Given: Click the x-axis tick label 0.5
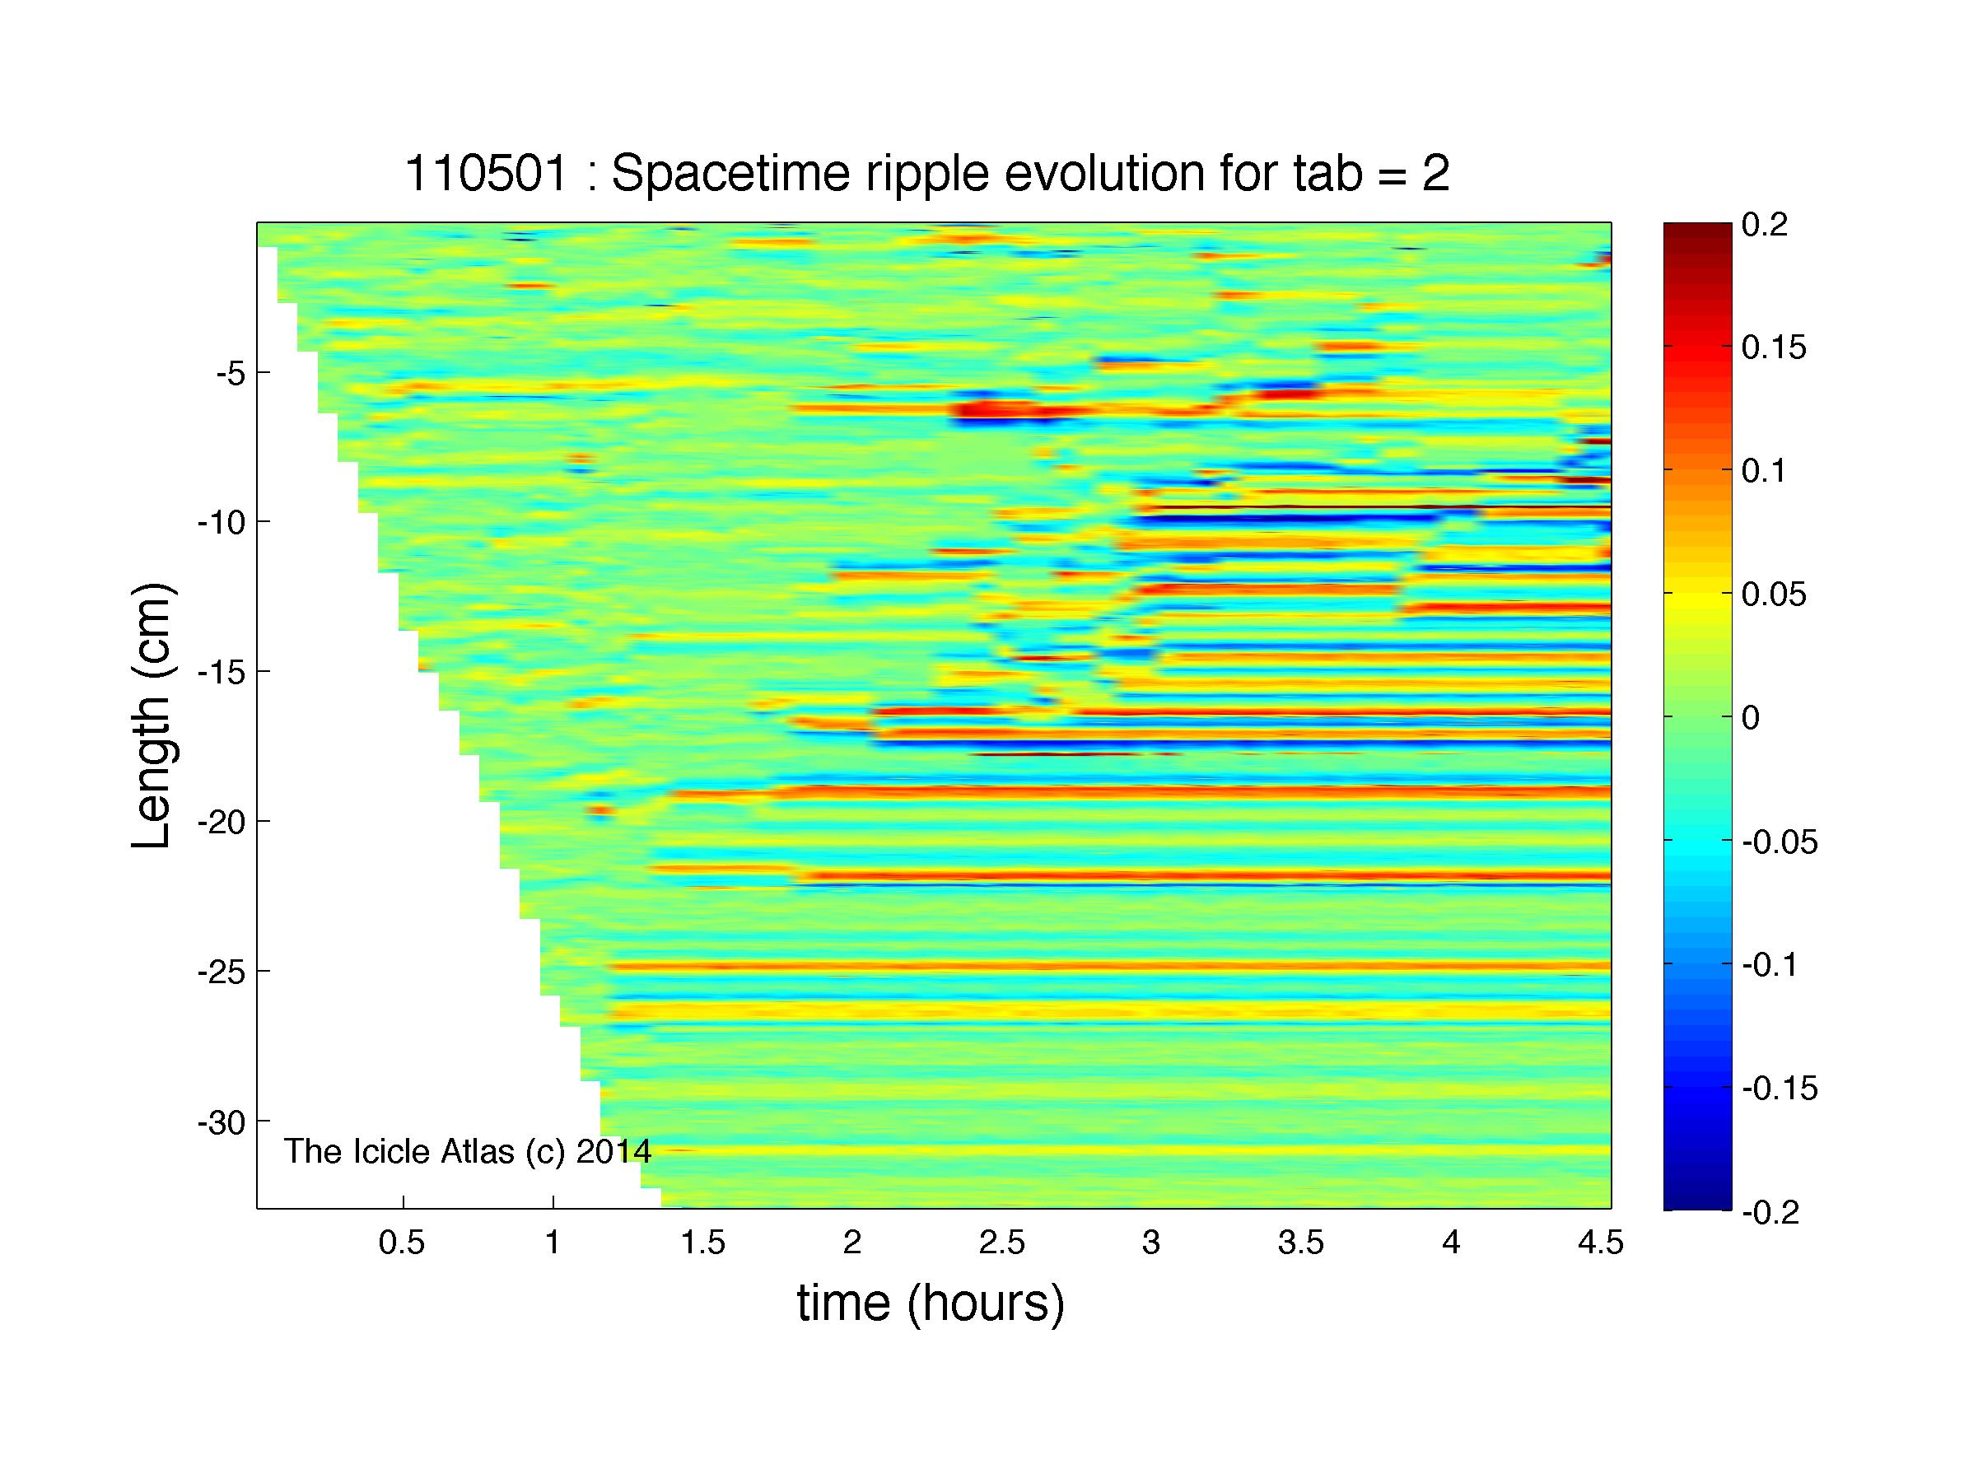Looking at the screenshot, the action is point(402,1243).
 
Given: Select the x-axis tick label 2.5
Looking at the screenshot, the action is point(1001,1243).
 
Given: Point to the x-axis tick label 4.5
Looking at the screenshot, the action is point(1600,1243).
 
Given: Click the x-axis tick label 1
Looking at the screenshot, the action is point(553,1243).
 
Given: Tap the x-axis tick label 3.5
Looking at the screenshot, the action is point(1300,1243).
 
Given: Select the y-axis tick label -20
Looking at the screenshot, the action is point(221,822).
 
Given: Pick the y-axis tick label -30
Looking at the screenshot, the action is point(221,1121).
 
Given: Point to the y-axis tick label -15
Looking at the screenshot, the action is point(221,672).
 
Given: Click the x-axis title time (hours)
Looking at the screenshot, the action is point(931,1304).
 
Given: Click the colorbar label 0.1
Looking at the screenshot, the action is point(1764,471).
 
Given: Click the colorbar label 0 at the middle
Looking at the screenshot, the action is point(1751,718).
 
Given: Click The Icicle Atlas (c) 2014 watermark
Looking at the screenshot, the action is point(468,1151).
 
